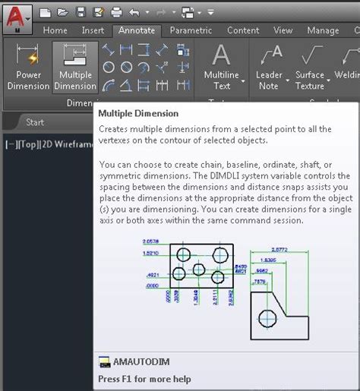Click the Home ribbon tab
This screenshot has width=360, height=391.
click(55, 30)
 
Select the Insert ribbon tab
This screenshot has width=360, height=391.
click(93, 30)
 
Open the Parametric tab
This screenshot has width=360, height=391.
click(191, 30)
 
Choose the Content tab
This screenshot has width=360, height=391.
click(243, 30)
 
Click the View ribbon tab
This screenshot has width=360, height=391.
click(283, 30)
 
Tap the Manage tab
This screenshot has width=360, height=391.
click(323, 30)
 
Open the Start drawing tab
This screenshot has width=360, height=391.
click(35, 122)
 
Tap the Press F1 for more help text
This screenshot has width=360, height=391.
click(144, 379)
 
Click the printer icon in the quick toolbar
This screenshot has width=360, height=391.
click(116, 12)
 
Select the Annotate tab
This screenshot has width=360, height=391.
click(137, 30)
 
